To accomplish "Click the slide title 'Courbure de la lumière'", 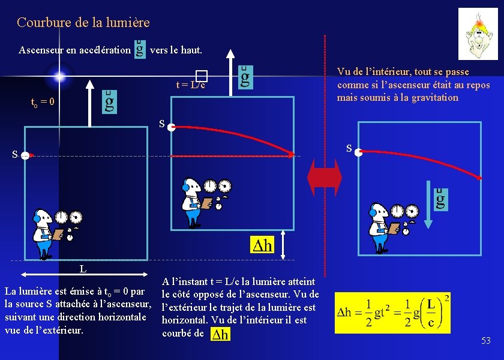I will (83, 23).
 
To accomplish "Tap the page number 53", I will (485, 341).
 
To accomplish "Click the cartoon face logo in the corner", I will (478, 34).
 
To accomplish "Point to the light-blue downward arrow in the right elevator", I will (428, 204).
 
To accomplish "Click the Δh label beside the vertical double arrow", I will (261, 245).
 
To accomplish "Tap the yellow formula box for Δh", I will (392, 313).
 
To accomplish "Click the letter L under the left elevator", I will (83, 269).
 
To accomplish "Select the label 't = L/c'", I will (191, 85).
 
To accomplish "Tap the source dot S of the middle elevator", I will (171, 127).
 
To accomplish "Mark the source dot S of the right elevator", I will (358, 153).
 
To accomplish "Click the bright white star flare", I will (59, 76).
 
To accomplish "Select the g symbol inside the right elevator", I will (441, 198).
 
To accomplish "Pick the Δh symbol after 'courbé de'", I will (220, 334).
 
